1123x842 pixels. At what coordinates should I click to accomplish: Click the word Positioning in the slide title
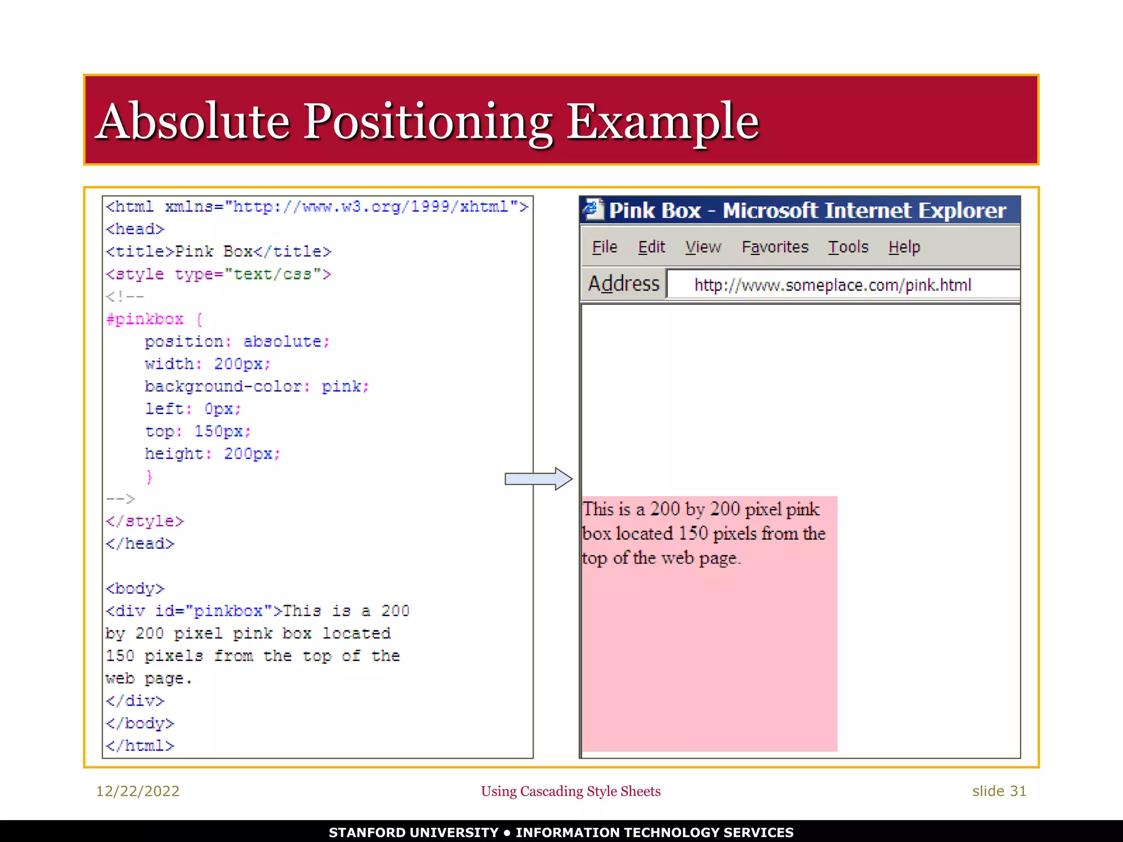[428, 122]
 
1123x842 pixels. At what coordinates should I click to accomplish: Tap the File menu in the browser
[604, 247]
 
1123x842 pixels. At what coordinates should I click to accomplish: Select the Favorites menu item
[775, 247]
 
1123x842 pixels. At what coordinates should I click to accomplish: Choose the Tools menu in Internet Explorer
[848, 247]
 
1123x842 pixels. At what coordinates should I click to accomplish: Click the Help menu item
[904, 247]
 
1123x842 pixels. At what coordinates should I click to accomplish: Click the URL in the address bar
[832, 285]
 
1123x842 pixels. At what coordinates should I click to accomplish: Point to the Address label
[623, 284]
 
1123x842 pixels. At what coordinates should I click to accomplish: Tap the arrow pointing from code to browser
[538, 479]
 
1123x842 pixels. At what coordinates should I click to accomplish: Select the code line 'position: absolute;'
[237, 342]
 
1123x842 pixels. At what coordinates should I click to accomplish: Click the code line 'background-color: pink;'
[257, 386]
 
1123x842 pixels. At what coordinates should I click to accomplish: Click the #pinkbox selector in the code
[145, 319]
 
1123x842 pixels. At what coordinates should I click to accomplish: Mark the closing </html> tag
[140, 746]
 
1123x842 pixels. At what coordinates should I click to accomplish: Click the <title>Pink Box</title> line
[218, 252]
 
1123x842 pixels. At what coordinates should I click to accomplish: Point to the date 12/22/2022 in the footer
[138, 791]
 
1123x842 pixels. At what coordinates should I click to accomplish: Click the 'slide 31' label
[999, 791]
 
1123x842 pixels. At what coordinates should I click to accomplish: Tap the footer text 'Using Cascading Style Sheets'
[570, 791]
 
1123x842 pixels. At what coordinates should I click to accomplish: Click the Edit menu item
[651, 247]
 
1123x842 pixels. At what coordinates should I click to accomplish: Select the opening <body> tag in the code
[135, 589]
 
